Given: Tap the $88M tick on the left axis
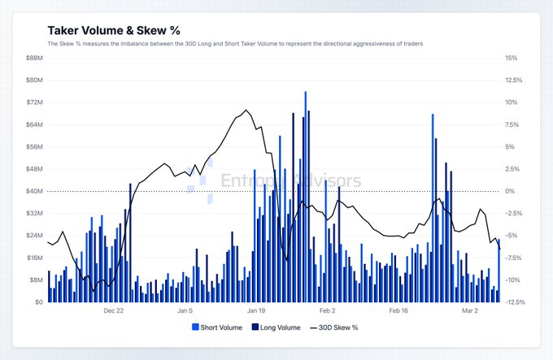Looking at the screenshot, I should point(35,59).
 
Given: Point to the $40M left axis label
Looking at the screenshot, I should point(35,191).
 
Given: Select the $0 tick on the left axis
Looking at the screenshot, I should point(38,301).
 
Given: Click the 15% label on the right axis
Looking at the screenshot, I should point(511,59).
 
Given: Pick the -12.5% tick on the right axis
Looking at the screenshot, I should point(515,301).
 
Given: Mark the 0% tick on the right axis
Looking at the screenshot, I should point(509,191).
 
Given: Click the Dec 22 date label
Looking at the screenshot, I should point(114,310).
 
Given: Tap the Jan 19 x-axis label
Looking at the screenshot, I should point(256,310).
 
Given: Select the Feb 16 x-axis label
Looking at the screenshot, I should point(398,310).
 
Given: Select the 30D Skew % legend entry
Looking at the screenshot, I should point(337,327).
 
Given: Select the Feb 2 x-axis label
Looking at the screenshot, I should point(328,310).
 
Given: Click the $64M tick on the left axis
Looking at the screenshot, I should point(35,124).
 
